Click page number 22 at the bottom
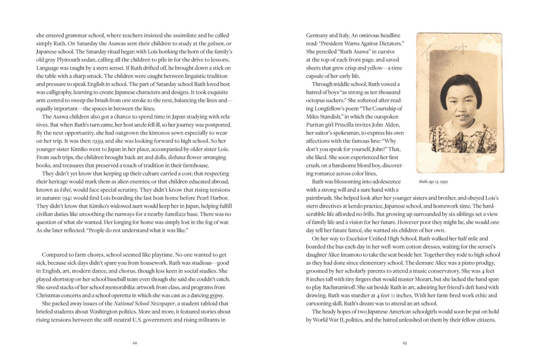(x=134, y=343)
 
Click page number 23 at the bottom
(x=404, y=343)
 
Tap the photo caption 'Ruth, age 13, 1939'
(x=433, y=182)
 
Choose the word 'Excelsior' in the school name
(x=357, y=238)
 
